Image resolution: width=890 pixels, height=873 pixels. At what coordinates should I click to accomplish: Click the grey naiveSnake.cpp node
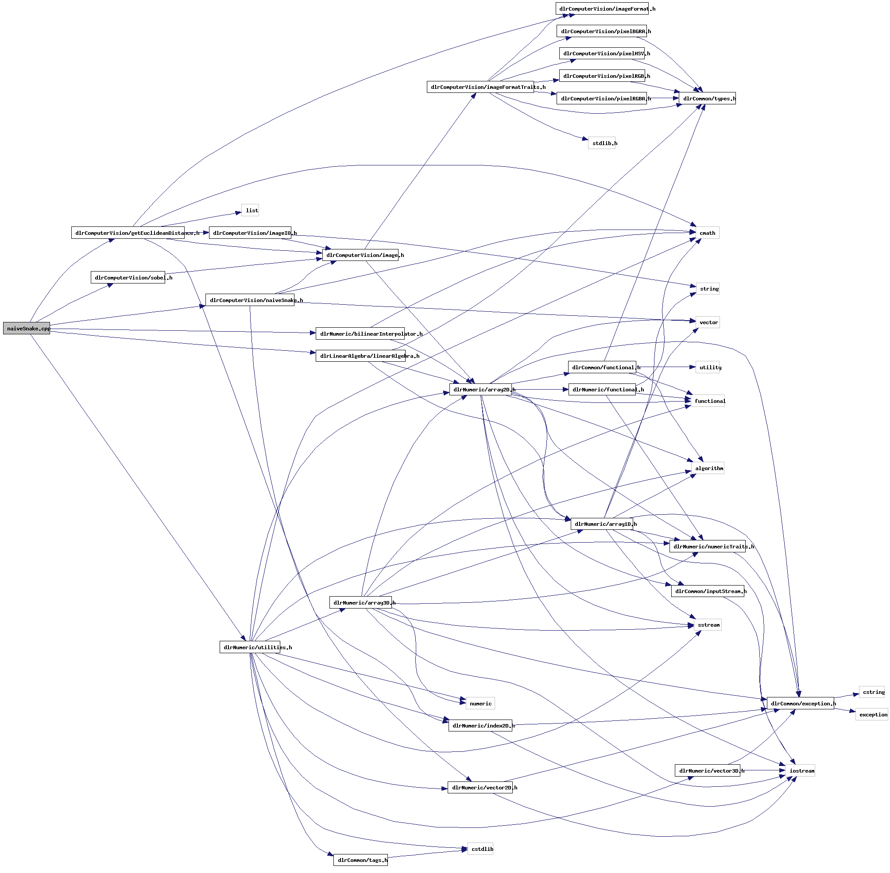[x=26, y=328]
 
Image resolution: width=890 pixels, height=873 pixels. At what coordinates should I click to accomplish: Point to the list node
[x=250, y=211]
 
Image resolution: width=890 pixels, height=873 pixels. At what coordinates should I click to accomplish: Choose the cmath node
[x=707, y=233]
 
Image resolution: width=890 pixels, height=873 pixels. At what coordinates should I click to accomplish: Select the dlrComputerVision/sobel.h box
[x=128, y=277]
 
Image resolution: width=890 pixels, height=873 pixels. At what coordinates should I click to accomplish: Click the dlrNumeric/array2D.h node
[x=480, y=390]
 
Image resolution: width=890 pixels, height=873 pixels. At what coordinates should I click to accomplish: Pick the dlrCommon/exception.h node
[x=800, y=703]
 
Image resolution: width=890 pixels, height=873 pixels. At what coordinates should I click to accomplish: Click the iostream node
[x=801, y=771]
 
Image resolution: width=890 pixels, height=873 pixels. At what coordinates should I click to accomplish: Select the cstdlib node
[x=480, y=849]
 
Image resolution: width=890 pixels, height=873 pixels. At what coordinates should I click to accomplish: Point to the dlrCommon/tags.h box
[x=360, y=860]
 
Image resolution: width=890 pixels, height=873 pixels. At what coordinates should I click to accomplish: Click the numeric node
[x=480, y=703]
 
